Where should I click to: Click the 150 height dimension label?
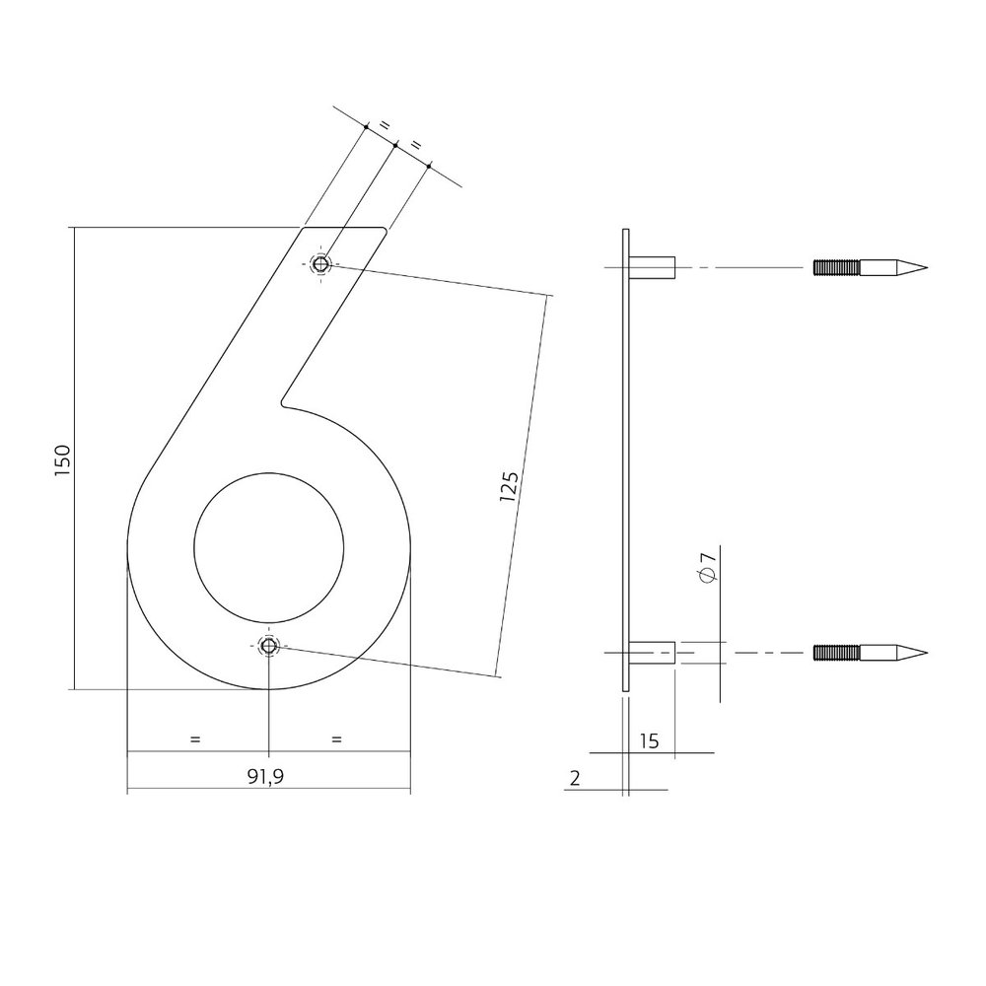[61, 460]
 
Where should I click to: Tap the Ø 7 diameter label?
[707, 567]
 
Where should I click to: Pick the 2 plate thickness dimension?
[574, 778]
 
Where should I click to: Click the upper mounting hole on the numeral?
[321, 264]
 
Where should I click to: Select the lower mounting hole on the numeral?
[268, 646]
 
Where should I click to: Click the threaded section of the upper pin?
[837, 266]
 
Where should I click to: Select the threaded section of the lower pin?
[837, 653]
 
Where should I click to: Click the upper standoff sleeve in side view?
[652, 267]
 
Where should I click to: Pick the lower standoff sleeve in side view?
[652, 653]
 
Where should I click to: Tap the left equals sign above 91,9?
[195, 739]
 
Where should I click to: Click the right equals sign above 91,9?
[337, 739]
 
